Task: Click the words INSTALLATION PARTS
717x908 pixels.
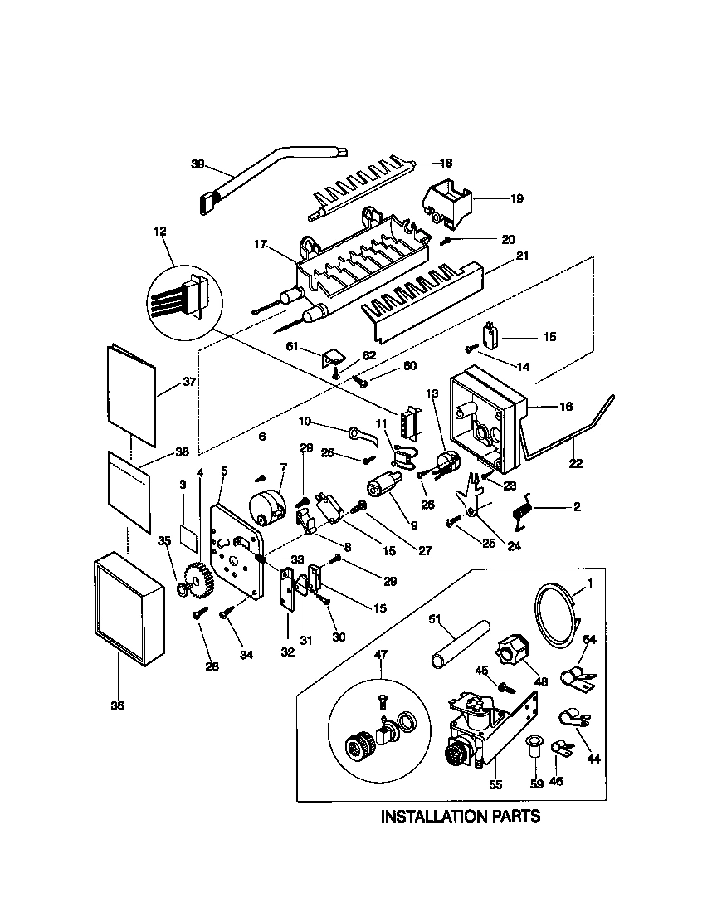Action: [x=460, y=817]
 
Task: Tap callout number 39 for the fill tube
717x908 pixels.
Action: [x=198, y=164]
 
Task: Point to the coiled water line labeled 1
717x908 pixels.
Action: [x=553, y=613]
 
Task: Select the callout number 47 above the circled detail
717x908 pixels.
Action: [x=381, y=655]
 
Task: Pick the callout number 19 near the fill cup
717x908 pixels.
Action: [x=516, y=198]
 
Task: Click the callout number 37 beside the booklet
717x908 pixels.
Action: [x=188, y=383]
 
